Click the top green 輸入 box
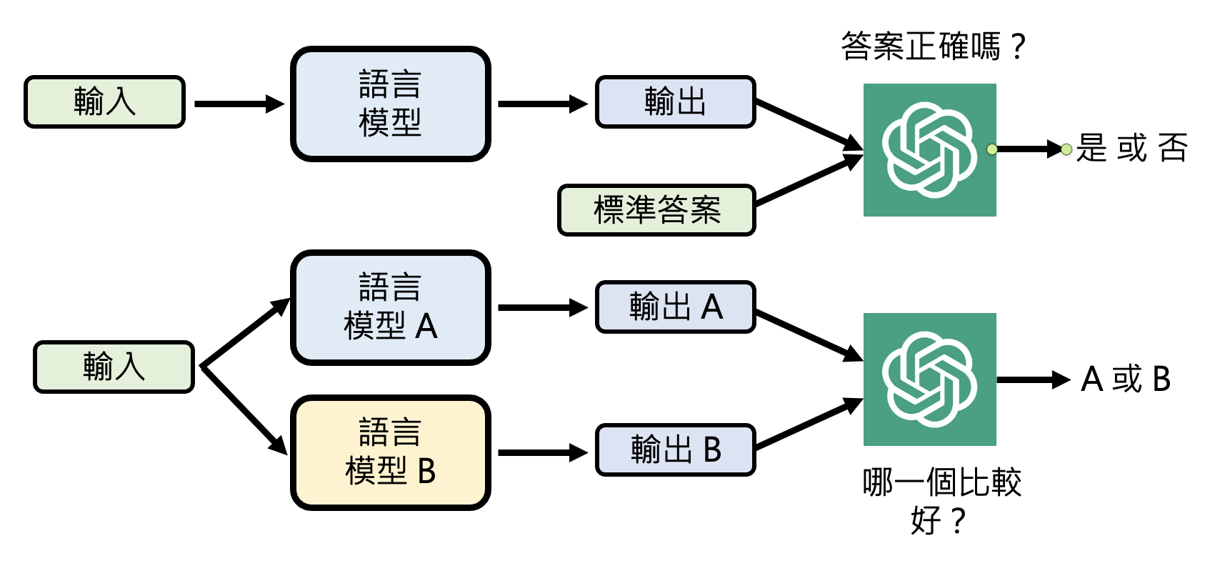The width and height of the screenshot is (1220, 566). (x=105, y=102)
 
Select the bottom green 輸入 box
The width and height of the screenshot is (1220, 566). (x=114, y=367)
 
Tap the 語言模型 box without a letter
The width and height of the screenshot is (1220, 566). (x=391, y=104)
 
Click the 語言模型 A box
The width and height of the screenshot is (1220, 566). (x=391, y=307)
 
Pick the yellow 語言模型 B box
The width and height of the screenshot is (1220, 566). (x=391, y=452)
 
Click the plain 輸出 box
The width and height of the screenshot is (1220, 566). (x=675, y=102)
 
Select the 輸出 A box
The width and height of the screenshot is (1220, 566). (x=675, y=307)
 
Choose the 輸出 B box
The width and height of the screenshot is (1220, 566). (x=675, y=450)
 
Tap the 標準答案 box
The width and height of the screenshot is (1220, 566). (x=656, y=210)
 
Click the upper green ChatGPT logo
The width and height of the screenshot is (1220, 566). (x=929, y=150)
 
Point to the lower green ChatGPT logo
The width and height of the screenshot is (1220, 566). (x=929, y=379)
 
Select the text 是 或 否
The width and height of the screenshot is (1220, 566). (x=1131, y=149)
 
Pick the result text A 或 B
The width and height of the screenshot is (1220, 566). (x=1126, y=379)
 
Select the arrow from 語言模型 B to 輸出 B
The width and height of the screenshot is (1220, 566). (x=541, y=452)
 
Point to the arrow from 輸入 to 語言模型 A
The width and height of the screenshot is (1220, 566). (x=244, y=334)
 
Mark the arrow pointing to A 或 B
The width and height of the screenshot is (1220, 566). (x=1032, y=379)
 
